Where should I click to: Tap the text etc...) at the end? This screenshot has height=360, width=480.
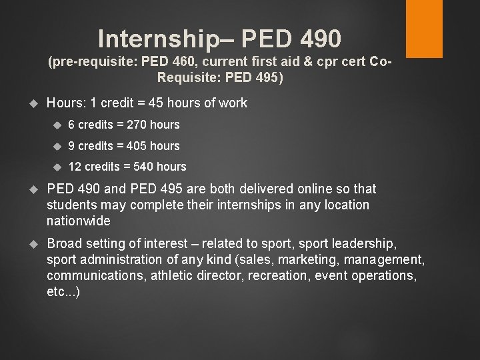click(63, 291)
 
